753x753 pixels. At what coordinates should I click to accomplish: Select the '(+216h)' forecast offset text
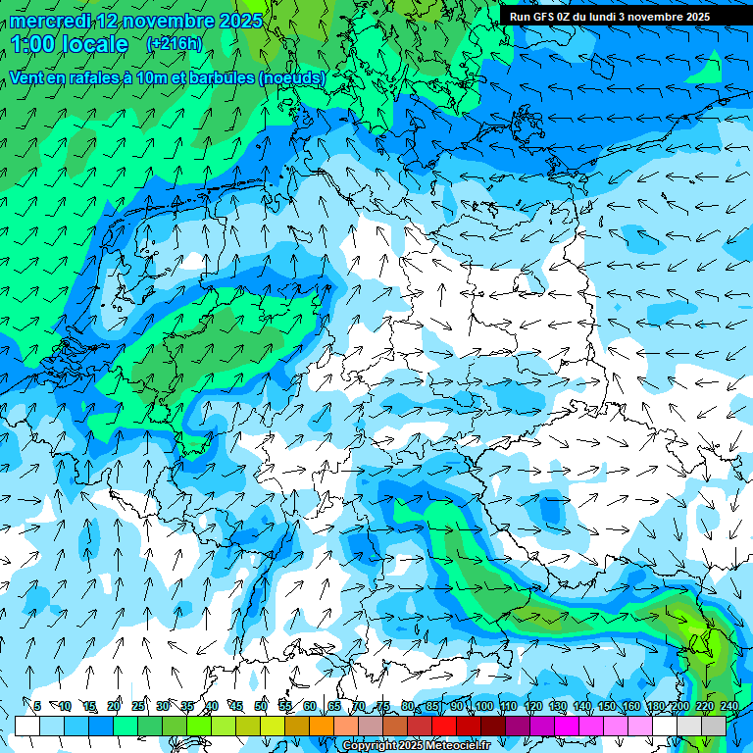pyautogui.click(x=174, y=43)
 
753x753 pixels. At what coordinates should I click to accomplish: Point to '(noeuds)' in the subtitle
pyautogui.click(x=292, y=77)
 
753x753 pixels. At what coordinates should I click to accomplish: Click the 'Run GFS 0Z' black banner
pyautogui.click(x=611, y=17)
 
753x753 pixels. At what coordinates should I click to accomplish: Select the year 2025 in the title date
pyautogui.click(x=239, y=21)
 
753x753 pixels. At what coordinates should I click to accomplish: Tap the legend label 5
pyautogui.click(x=37, y=706)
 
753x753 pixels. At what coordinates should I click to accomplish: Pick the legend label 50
pyautogui.click(x=260, y=706)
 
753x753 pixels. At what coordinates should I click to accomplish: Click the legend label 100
pyautogui.click(x=482, y=706)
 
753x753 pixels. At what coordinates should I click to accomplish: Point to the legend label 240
pyautogui.click(x=728, y=706)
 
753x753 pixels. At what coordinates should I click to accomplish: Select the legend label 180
pyautogui.click(x=655, y=706)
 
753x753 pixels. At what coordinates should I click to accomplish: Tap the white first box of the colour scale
pyautogui.click(x=26, y=726)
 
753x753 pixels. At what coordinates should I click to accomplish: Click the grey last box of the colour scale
pyautogui.click(x=714, y=726)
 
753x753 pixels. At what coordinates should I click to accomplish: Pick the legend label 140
pyautogui.click(x=581, y=706)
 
